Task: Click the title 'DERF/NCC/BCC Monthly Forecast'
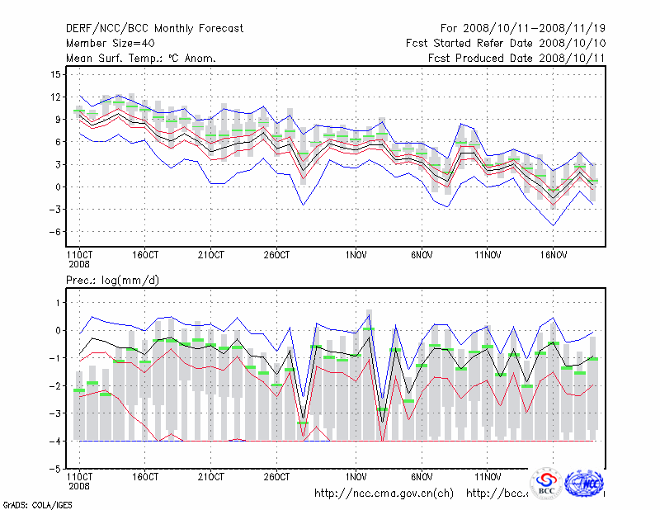[154, 29]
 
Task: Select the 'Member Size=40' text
[108, 43]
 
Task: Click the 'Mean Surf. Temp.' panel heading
[141, 58]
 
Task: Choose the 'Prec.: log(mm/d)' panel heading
[112, 281]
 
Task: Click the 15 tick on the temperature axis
[55, 74]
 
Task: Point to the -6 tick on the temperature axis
[54, 232]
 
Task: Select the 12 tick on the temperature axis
[55, 97]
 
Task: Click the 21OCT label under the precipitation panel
[210, 477]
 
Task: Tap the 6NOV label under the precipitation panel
[422, 477]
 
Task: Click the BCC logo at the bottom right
[546, 483]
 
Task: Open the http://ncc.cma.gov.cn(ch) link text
[384, 493]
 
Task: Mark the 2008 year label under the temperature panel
[78, 264]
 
